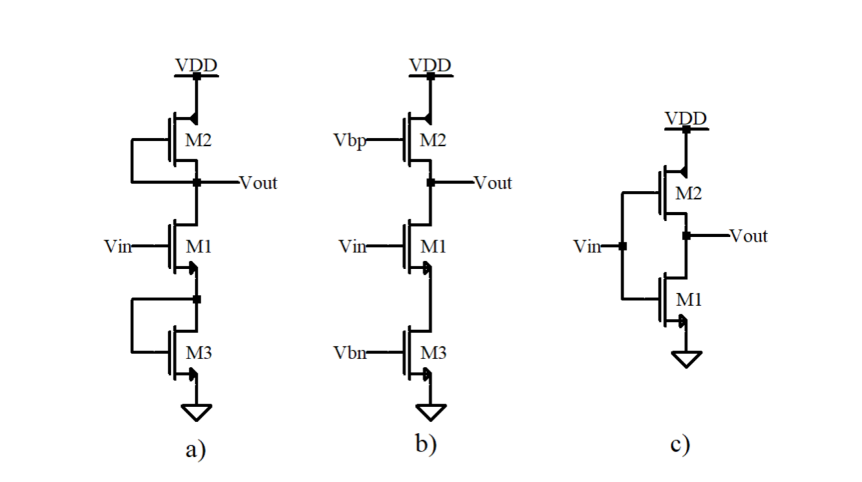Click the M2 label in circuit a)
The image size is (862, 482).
(x=199, y=140)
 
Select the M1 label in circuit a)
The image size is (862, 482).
(x=199, y=246)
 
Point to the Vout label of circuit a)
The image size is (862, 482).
(x=258, y=183)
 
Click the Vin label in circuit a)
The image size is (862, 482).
(x=117, y=246)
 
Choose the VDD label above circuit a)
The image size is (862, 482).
(x=196, y=65)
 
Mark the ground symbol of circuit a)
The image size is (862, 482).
(x=197, y=411)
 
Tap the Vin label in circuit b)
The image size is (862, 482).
(x=353, y=246)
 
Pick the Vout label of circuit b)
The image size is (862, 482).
(x=493, y=183)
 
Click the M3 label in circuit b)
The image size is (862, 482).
(x=434, y=353)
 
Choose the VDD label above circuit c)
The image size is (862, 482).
(x=686, y=119)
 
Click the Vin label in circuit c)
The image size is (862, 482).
(x=587, y=246)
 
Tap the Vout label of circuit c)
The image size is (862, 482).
(x=749, y=236)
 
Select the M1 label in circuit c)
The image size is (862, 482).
(x=689, y=300)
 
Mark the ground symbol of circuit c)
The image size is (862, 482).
(x=687, y=358)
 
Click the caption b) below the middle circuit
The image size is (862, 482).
(x=426, y=445)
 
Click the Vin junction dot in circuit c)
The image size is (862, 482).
(x=622, y=246)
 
